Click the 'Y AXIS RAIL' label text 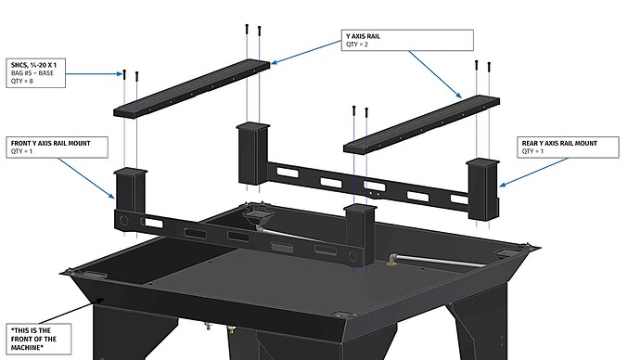tap(363, 36)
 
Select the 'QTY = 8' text tap(22, 82)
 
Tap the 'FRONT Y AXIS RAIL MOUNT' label tap(51, 143)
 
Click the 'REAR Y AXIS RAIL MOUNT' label tap(559, 143)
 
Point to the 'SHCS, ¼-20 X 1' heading tap(34, 65)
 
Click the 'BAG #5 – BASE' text tap(32, 73)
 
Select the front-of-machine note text tap(33, 340)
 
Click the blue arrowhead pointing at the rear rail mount tap(502, 185)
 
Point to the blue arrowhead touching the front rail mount tap(112, 197)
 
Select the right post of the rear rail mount tap(483, 190)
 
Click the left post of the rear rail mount tap(253, 153)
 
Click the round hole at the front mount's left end tap(124, 221)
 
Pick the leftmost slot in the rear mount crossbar tap(288, 173)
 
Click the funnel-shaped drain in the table tap(255, 214)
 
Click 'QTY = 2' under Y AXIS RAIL tap(357, 45)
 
